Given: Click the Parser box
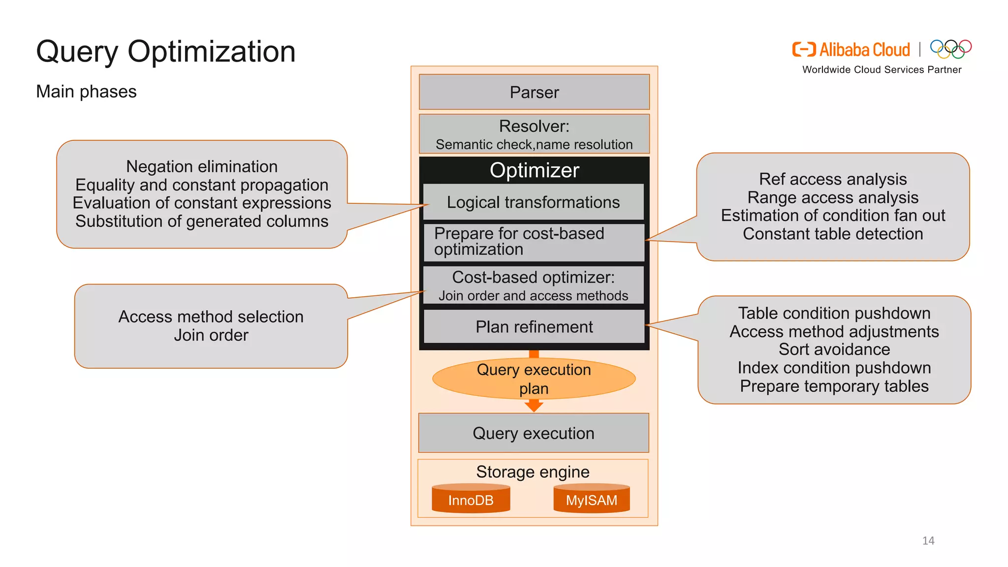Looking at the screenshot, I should tap(534, 92).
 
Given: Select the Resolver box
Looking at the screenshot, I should tap(534, 134).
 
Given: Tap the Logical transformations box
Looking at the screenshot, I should tap(534, 202).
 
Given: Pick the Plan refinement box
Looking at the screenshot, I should tap(534, 327).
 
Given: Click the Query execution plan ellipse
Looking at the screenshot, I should tap(534, 378).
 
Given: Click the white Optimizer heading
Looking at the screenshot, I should tap(534, 170).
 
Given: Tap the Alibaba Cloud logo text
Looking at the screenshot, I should tap(864, 50).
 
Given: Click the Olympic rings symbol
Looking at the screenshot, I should tap(950, 49).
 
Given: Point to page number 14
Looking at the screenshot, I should tap(928, 540).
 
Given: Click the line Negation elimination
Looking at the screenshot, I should tap(202, 166).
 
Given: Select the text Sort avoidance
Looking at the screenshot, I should tap(834, 349).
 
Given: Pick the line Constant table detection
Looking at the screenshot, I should tap(833, 234).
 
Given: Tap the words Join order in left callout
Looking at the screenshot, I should tap(211, 335).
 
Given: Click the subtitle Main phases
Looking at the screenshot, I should tap(86, 92).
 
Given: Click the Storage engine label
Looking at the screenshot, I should tap(533, 472).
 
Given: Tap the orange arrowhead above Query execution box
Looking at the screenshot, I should tap(534, 406).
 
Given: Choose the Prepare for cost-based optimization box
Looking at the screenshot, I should tap(534, 242).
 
